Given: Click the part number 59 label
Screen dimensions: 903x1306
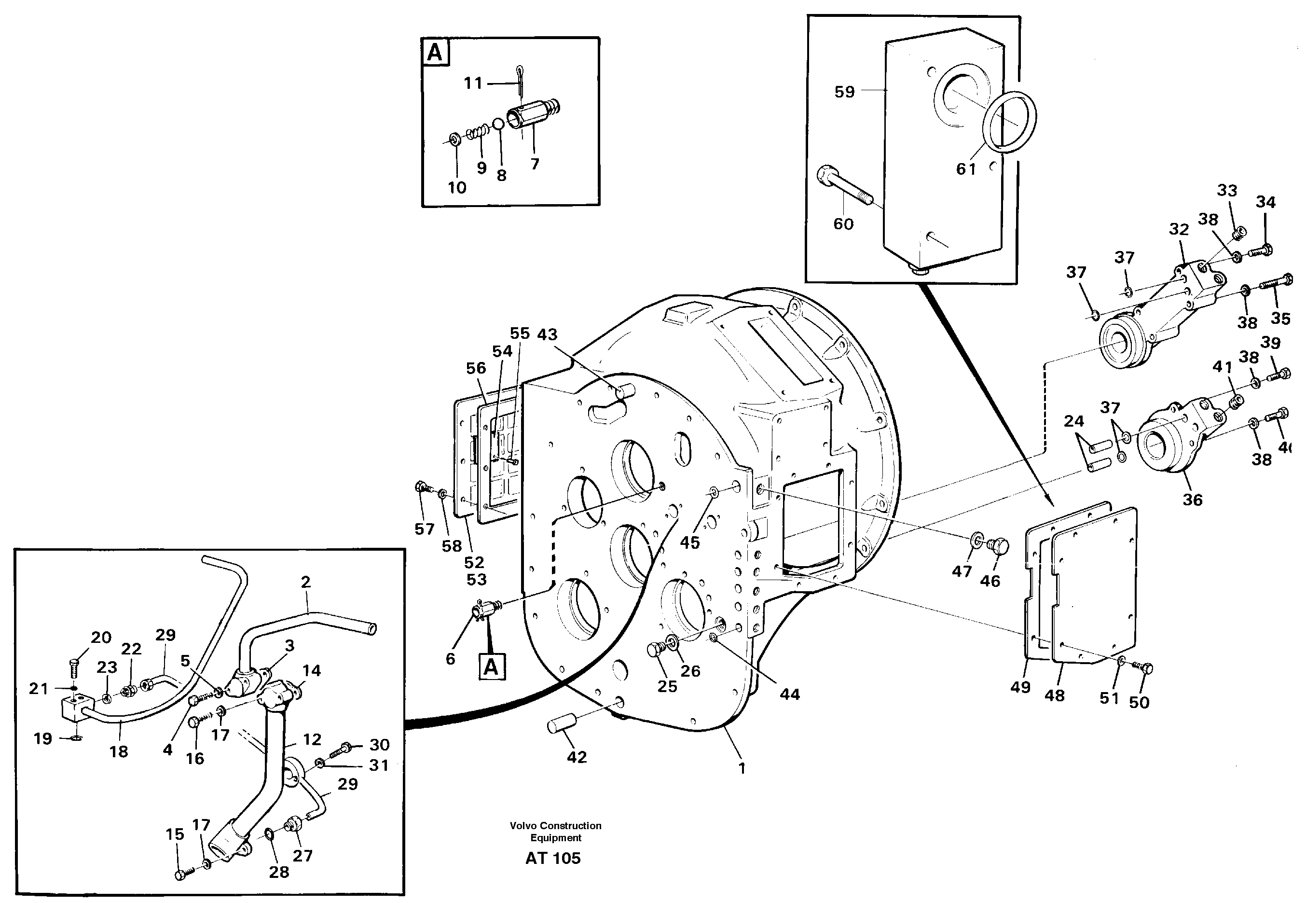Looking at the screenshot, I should [x=844, y=92].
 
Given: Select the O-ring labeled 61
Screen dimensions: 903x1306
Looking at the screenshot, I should [x=1008, y=122].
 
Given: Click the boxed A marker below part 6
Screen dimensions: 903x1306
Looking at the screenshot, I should [x=491, y=667].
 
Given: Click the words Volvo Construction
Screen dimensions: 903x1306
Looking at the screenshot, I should [x=555, y=825].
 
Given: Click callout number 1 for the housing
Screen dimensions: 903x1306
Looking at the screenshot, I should [x=742, y=768].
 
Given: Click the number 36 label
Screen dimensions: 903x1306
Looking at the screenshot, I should [x=1192, y=500].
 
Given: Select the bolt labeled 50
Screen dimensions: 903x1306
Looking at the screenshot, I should [x=1145, y=668].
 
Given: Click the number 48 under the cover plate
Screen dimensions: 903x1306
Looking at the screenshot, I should [x=1054, y=695].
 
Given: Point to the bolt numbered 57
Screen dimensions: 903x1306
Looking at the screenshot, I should [x=421, y=486].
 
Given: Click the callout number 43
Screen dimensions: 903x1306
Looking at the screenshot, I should [x=547, y=334].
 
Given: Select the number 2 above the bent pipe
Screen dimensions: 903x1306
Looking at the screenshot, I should [x=305, y=582].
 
